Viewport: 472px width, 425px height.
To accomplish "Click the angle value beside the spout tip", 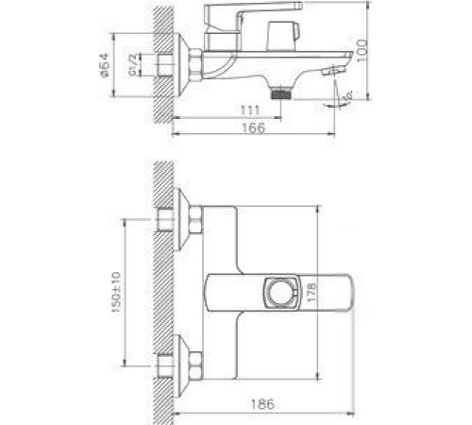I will (346, 95).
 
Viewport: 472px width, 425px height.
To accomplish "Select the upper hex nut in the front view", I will (196, 223).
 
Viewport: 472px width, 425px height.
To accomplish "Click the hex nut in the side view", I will (196, 65).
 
